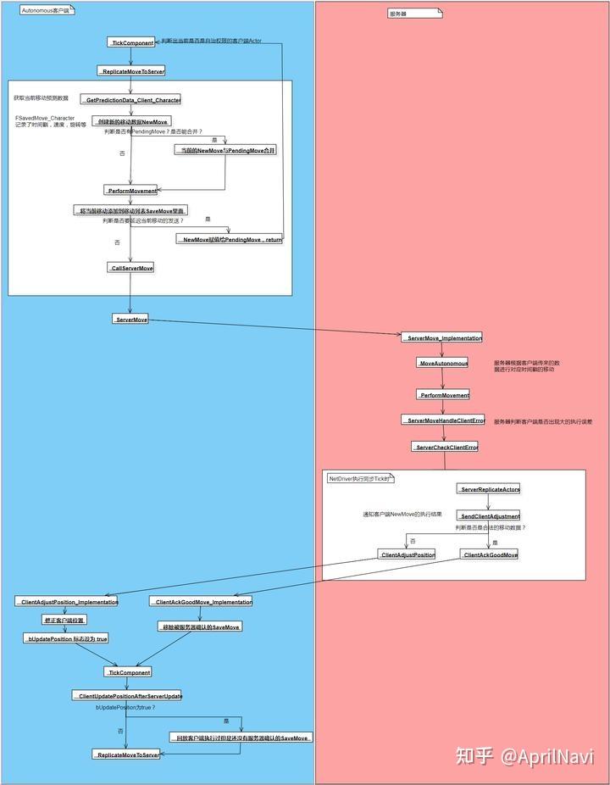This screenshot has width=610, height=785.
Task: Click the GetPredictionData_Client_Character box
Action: (131, 100)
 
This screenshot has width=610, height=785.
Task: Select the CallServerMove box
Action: (131, 268)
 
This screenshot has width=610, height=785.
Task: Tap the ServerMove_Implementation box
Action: (441, 337)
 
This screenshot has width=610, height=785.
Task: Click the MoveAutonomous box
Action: (442, 363)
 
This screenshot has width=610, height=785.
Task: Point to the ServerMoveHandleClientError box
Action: (443, 420)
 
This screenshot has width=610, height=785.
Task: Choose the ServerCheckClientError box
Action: (444, 447)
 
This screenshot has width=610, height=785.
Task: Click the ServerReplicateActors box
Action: (489, 489)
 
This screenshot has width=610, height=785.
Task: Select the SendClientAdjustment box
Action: (489, 515)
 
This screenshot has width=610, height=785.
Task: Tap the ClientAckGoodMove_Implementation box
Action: (201, 601)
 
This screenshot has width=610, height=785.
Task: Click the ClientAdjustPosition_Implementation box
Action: (66, 601)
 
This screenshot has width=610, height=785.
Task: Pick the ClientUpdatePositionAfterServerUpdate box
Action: (127, 695)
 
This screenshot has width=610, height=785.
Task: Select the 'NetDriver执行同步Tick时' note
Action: (360, 479)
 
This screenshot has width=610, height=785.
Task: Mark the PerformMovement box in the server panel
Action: (443, 394)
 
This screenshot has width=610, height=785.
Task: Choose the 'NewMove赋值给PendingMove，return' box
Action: (230, 239)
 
